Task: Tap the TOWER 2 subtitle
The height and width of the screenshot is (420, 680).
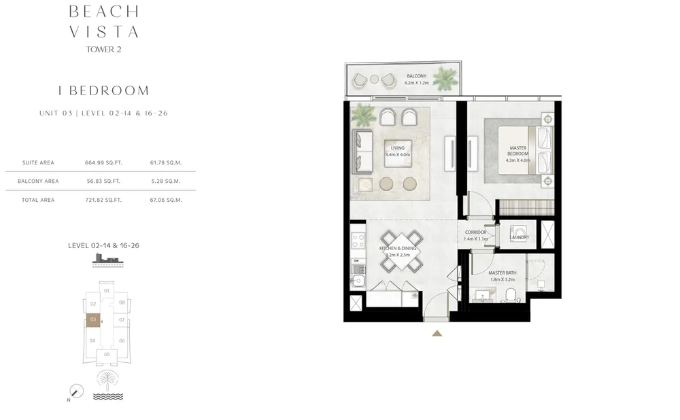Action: click(104, 49)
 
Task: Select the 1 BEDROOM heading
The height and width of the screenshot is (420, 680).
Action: click(104, 90)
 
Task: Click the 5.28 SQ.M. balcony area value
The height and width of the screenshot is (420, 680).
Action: click(166, 181)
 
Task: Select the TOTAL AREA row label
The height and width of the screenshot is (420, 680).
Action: click(38, 200)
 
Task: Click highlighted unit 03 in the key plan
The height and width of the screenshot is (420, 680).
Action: click(92, 319)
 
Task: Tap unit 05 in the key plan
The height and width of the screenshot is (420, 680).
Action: click(107, 354)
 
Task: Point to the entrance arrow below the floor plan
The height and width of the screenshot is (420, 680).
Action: click(437, 333)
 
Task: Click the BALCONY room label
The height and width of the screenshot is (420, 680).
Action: click(416, 79)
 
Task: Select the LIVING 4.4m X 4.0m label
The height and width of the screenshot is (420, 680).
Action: click(397, 151)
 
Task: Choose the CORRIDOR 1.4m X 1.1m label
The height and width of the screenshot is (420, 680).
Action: click(475, 235)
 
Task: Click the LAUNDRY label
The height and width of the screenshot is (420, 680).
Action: click(520, 237)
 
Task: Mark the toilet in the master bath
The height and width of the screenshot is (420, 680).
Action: click(511, 294)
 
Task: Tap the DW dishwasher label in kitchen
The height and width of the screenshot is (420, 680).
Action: click(356, 260)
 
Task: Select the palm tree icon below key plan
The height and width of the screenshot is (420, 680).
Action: click(106, 378)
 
